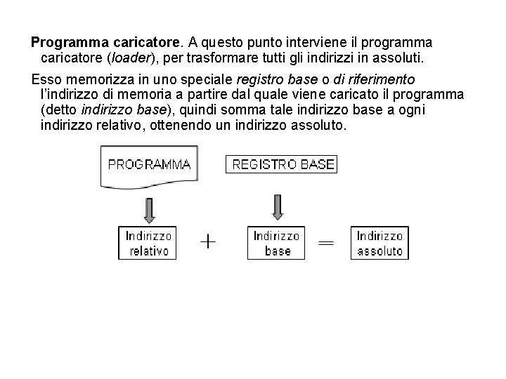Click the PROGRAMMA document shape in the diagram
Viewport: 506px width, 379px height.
coord(149,166)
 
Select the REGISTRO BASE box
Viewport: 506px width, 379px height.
coord(281,165)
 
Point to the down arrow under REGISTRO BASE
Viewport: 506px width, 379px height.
coord(277,206)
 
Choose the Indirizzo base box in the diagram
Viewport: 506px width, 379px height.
coord(277,243)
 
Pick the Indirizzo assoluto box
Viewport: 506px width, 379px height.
coord(380,243)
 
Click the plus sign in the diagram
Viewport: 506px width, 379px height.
coord(209,242)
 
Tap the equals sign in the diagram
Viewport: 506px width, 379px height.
coord(325,242)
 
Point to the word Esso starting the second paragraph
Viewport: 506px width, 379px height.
coord(47,79)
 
